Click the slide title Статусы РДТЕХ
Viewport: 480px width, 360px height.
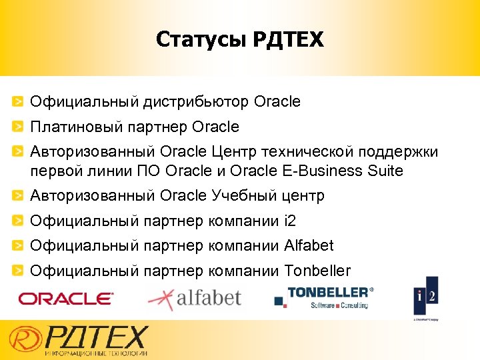click(x=239, y=41)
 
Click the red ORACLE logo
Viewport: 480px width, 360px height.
click(x=66, y=299)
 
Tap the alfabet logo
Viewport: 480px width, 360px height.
click(x=194, y=297)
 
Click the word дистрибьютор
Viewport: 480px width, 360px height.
click(x=196, y=102)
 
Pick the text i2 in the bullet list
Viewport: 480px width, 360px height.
click(x=289, y=221)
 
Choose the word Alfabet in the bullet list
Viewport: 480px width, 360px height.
click(x=309, y=245)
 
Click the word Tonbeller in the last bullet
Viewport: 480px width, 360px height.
click(x=317, y=271)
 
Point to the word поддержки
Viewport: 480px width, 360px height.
click(x=405, y=152)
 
